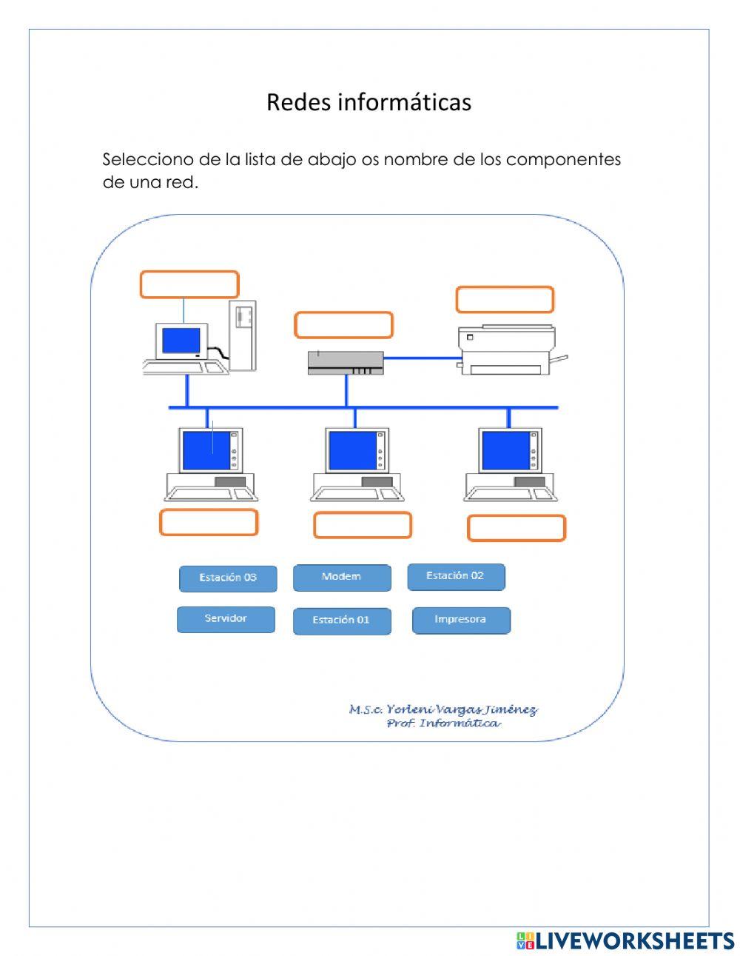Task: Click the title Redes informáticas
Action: point(369,102)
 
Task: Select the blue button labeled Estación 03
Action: point(228,578)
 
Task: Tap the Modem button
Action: point(342,578)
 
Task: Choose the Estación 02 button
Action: point(456,577)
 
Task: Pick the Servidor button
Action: point(226,619)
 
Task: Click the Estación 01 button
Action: point(342,621)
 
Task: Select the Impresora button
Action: point(461,621)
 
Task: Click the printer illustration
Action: point(507,350)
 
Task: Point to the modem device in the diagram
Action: point(346,363)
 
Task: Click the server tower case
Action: point(243,335)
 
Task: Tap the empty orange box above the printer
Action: point(505,300)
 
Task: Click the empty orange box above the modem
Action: point(343,325)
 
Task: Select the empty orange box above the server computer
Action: point(189,284)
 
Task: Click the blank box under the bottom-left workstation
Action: point(209,523)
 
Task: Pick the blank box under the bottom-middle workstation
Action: point(363,525)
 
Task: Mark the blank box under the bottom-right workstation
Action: point(517,528)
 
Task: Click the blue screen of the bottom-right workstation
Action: point(505,450)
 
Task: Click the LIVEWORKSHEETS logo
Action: point(625,940)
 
